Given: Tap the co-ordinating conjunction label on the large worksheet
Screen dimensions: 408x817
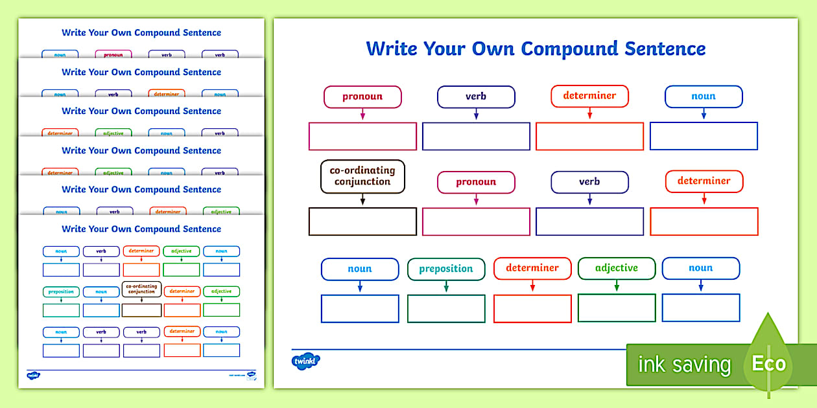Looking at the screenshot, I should [x=362, y=176].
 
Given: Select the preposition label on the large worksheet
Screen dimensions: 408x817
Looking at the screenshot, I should [x=446, y=269].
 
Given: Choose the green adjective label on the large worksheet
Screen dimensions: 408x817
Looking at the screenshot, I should [x=616, y=268].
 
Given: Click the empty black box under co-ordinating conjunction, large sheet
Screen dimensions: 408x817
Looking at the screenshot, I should [x=362, y=221].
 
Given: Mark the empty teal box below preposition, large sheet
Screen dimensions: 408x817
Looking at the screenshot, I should [x=446, y=308].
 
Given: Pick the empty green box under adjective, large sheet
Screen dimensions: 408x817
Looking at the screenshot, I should [x=616, y=308].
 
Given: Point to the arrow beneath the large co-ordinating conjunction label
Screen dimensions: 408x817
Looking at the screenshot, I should [x=362, y=200].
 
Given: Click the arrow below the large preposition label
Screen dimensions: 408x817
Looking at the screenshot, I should [x=446, y=287].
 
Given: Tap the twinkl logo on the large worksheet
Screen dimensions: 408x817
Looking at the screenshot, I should [x=306, y=361].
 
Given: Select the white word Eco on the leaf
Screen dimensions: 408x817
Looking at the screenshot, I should [x=769, y=363].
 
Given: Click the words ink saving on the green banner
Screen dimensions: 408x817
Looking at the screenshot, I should [x=684, y=365].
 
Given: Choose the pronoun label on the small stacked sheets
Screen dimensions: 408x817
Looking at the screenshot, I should [x=113, y=55].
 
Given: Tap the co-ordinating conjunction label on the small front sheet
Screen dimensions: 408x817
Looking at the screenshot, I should [x=141, y=289].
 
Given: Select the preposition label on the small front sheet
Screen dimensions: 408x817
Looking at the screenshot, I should [x=61, y=291].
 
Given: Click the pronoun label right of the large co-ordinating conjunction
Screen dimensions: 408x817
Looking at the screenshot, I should [x=476, y=183].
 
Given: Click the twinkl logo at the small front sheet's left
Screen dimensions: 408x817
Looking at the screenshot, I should [x=34, y=375].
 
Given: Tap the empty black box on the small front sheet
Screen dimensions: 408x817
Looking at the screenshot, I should [x=141, y=310].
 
